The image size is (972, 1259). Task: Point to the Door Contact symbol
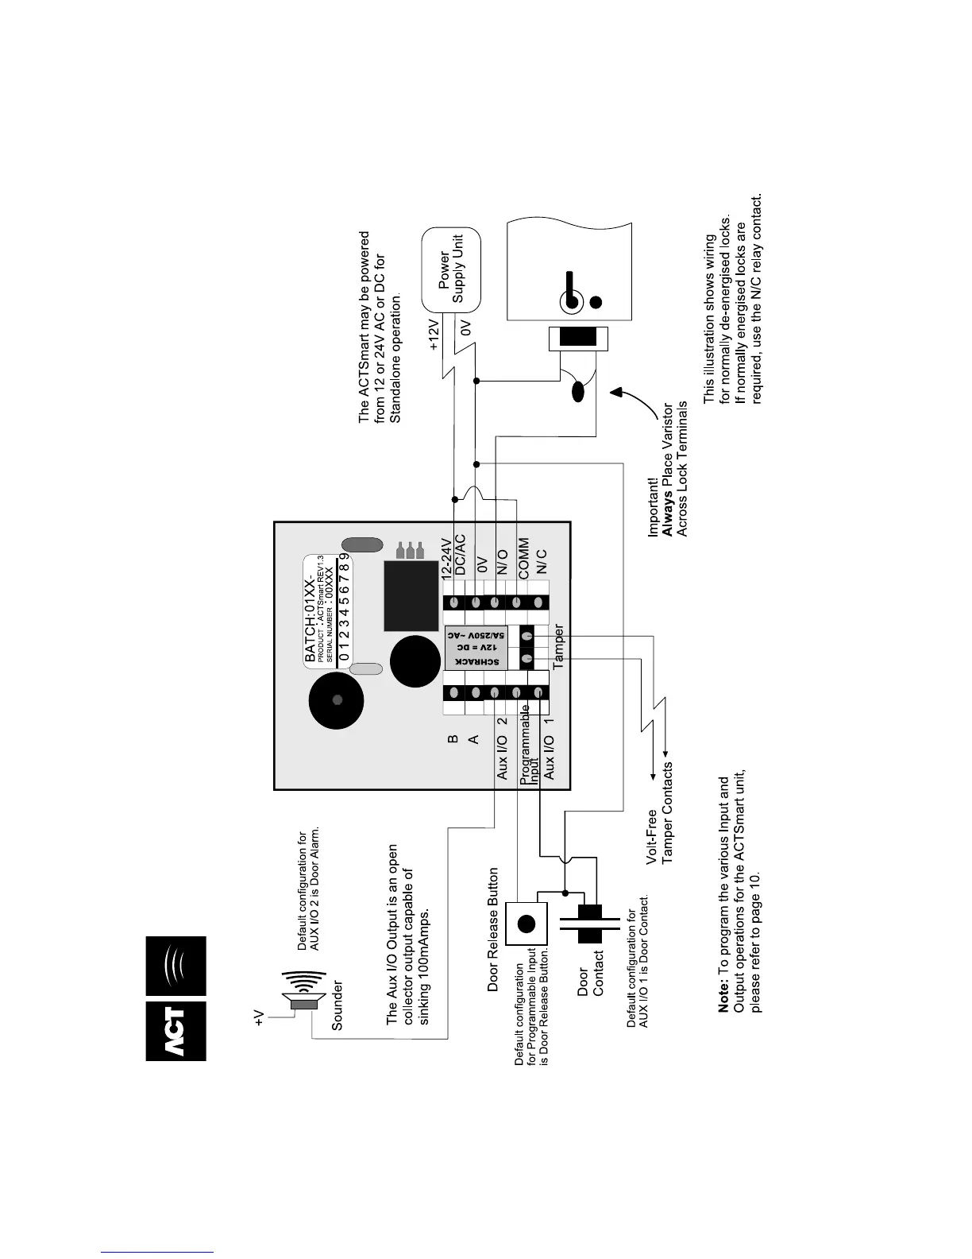pos(588,924)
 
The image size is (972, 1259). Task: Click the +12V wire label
pos(434,335)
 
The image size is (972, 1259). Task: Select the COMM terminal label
pos(523,559)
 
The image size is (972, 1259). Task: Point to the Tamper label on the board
pos(559,646)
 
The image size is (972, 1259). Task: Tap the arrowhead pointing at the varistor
pos(615,390)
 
